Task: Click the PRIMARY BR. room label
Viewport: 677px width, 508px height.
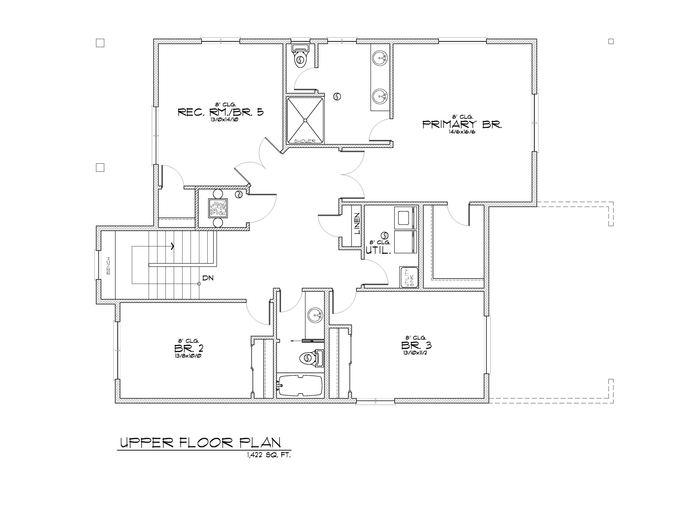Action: click(x=462, y=124)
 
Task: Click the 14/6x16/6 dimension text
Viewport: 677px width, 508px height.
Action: click(x=462, y=132)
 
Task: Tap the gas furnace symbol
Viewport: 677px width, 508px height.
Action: click(x=218, y=208)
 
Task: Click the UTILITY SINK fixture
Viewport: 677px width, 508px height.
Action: click(x=409, y=277)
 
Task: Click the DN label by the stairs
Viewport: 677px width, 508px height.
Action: click(x=208, y=278)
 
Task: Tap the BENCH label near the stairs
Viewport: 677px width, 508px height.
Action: click(x=108, y=266)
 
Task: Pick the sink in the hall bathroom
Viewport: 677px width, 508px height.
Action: click(x=315, y=315)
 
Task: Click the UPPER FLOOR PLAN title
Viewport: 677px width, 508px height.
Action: click(x=200, y=443)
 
